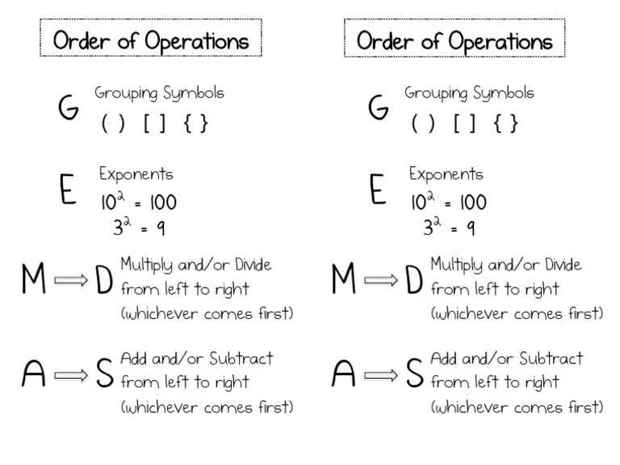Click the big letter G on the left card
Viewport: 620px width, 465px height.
(68, 108)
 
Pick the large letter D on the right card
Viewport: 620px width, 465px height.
(413, 280)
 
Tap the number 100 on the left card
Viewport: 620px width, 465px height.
(162, 202)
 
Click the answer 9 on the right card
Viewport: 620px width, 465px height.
(470, 228)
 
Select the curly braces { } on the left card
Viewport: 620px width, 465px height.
(196, 124)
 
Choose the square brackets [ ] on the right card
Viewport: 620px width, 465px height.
(465, 124)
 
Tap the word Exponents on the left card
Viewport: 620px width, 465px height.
(136, 174)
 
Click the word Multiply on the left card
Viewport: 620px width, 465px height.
(145, 266)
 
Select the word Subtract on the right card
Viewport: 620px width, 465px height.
(551, 358)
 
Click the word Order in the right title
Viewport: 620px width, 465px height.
(383, 40)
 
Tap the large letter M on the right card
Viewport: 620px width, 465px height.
(344, 280)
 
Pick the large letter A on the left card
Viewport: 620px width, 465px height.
(34, 374)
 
